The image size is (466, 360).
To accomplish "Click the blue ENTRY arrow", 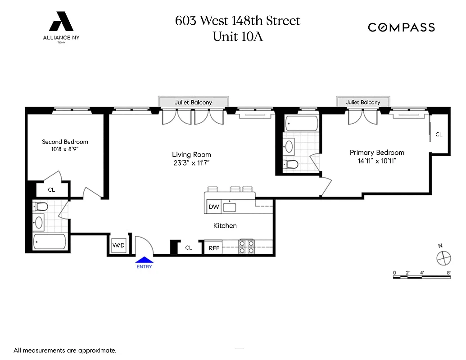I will [x=145, y=260].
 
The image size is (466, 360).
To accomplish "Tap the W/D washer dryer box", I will [x=118, y=246].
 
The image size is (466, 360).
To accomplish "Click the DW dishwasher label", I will [x=214, y=207].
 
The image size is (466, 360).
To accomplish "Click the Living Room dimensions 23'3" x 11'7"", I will [x=191, y=163].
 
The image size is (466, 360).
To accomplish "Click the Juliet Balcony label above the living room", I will [x=193, y=103].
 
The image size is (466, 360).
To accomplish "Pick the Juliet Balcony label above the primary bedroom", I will [x=363, y=103].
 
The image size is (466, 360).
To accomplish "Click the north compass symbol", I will [x=443, y=257].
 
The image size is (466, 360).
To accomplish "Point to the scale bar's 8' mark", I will [x=449, y=273].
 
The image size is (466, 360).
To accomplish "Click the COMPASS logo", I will [x=401, y=27].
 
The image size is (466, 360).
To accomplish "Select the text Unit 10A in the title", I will [x=237, y=36].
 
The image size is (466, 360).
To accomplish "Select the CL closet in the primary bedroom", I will [x=439, y=134].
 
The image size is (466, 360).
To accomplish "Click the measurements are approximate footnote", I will [x=65, y=350].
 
